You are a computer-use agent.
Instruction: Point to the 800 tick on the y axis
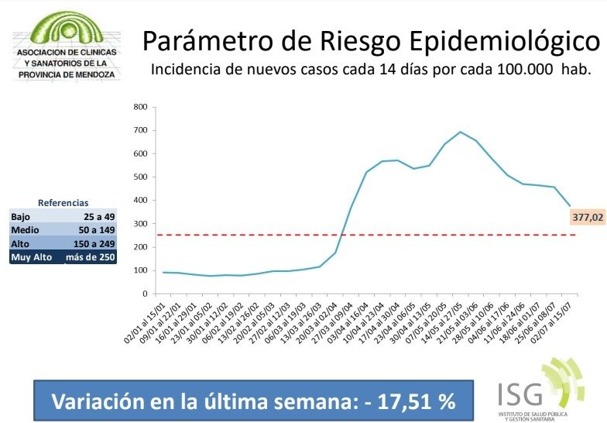click(140, 107)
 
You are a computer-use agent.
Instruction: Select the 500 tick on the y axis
click(140, 177)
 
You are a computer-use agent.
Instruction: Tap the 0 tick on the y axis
click(144, 294)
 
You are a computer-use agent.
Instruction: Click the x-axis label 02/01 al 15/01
click(142, 320)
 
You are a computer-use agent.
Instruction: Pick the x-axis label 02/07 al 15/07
click(560, 320)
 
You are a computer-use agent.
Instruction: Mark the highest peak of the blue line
click(460, 132)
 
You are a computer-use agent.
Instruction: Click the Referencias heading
click(63, 202)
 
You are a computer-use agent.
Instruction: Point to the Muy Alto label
click(31, 256)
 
